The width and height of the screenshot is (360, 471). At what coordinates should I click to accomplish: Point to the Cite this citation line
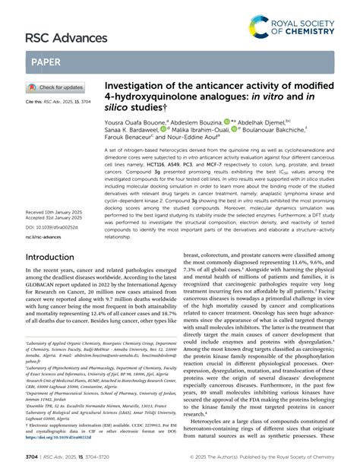click(x=57, y=100)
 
